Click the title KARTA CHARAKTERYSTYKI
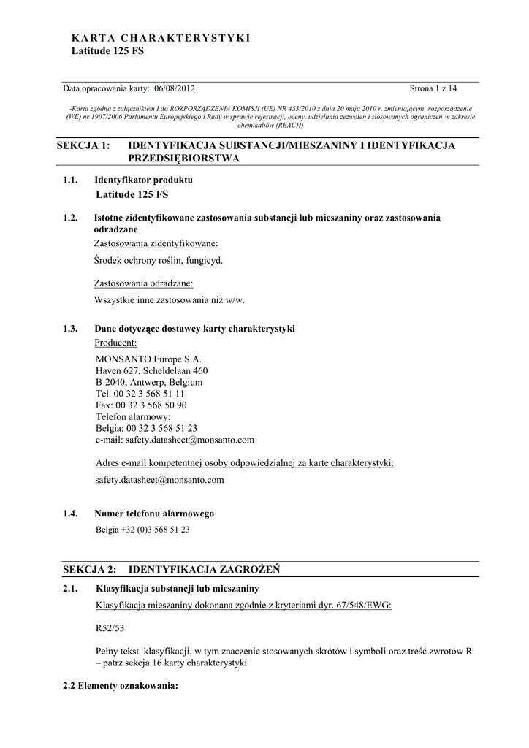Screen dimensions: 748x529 point(161,37)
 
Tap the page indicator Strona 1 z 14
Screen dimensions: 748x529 point(433,88)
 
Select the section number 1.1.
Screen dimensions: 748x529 point(70,180)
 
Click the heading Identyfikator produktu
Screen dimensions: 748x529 point(143,180)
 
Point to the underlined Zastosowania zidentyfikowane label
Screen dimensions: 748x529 point(156,243)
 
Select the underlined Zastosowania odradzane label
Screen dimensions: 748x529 point(143,283)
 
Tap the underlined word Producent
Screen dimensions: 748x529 point(116,343)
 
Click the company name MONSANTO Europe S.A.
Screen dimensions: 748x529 point(148,359)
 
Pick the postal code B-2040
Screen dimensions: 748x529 point(110,382)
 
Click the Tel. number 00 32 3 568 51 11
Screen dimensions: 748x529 point(149,394)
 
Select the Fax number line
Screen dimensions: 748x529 point(141,405)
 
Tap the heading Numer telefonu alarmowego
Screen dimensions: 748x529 point(154,514)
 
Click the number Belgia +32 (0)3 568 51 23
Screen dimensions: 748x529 point(142,530)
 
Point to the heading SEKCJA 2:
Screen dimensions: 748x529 point(90,569)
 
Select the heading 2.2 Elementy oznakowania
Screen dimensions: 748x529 point(121,687)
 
